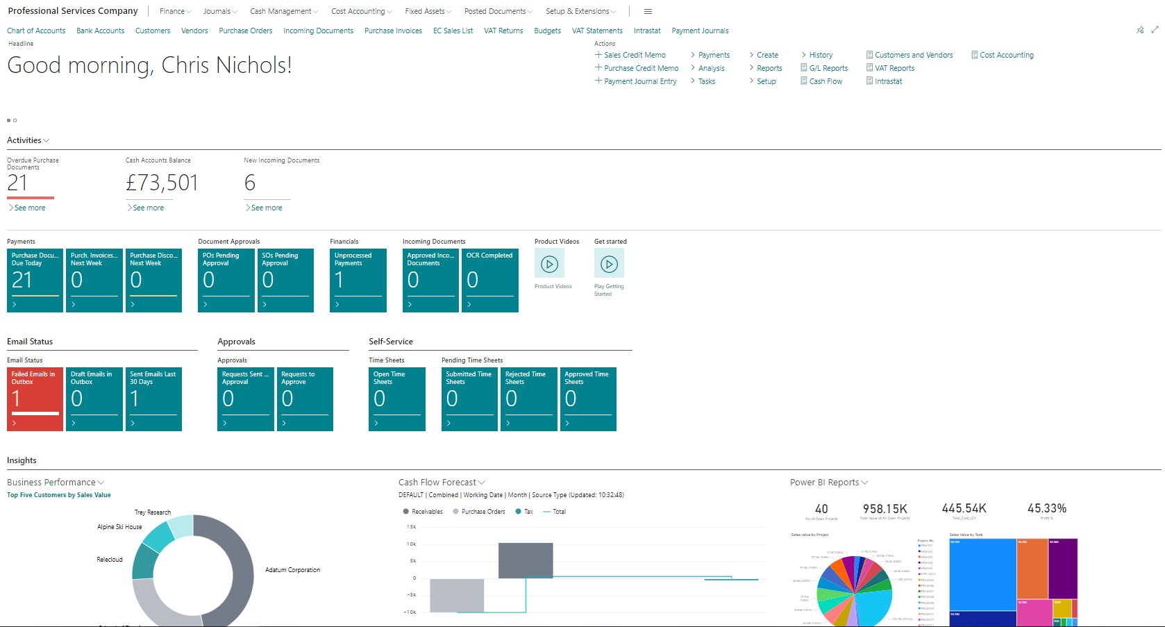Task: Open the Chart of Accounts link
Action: [x=36, y=31]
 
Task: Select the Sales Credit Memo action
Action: [x=634, y=55]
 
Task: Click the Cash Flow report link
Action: [x=825, y=81]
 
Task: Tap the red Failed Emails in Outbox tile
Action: [x=35, y=399]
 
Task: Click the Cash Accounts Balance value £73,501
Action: [x=162, y=183]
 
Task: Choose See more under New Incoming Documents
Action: [x=266, y=208]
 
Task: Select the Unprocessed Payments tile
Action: [x=358, y=280]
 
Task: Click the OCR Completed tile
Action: [x=489, y=280]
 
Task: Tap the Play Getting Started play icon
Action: [x=609, y=264]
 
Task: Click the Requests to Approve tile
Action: [x=304, y=399]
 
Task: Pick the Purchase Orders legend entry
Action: [x=483, y=512]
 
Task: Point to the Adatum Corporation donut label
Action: [x=292, y=570]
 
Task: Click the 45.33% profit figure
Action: [x=1046, y=508]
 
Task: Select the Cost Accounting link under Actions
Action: [x=1006, y=55]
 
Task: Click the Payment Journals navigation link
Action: [x=700, y=31]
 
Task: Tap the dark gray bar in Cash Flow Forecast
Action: [x=526, y=560]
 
